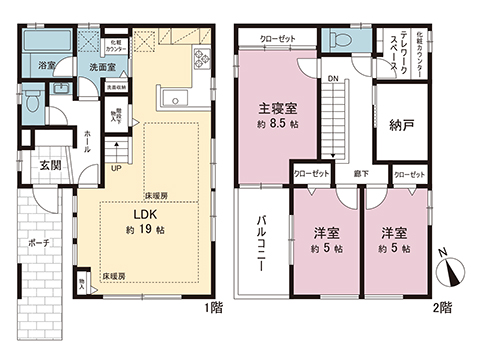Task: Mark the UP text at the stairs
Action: coord(117,167)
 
